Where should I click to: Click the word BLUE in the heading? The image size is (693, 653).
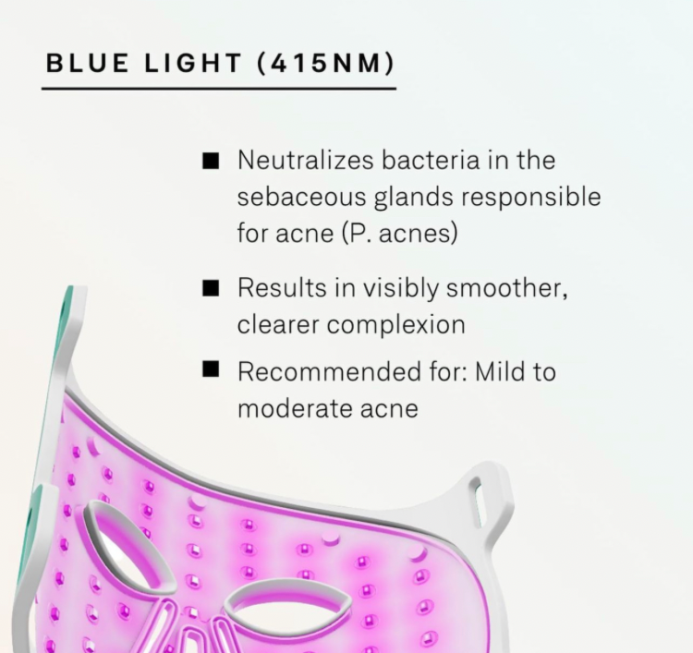[x=87, y=63]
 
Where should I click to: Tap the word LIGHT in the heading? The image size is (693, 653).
[x=193, y=63]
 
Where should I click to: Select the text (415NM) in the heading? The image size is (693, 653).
[x=326, y=63]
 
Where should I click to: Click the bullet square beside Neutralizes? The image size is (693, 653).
[x=211, y=161]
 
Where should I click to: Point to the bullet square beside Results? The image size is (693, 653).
[x=211, y=288]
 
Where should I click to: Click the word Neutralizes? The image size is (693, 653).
[x=306, y=160]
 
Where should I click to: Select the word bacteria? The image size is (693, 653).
[x=431, y=160]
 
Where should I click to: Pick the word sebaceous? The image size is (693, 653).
[x=301, y=197]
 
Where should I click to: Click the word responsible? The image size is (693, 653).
[x=530, y=198]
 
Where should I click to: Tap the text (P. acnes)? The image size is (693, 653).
[x=400, y=234]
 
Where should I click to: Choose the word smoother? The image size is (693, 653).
[x=506, y=288]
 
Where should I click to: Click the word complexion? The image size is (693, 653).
[x=396, y=326]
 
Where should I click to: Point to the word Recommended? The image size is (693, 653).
[x=329, y=371]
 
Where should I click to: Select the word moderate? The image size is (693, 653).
[x=295, y=408]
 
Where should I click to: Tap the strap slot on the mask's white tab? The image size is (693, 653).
[x=475, y=502]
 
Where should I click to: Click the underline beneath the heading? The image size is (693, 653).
[x=219, y=89]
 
